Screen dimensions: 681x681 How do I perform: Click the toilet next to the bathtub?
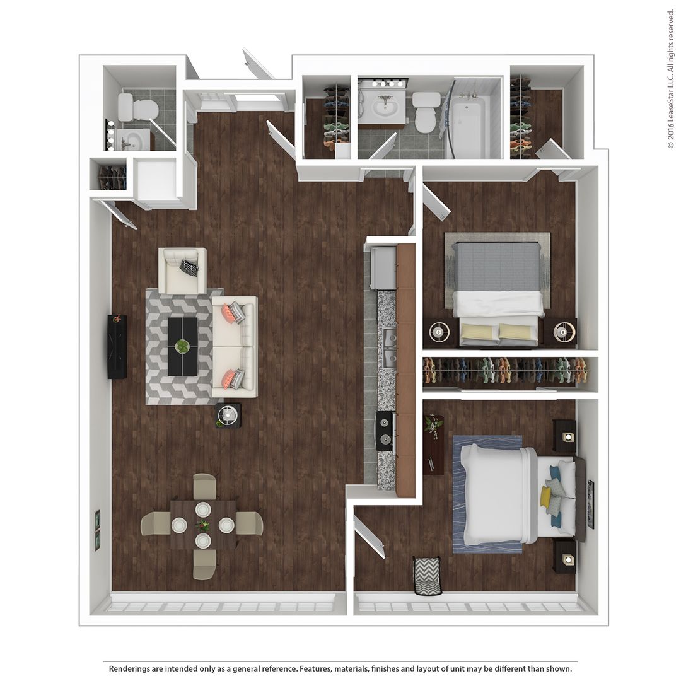[427, 112]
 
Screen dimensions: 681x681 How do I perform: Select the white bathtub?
[467, 126]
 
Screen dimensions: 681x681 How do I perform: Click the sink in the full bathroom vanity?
[382, 107]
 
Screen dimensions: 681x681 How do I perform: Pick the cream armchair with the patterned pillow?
[182, 271]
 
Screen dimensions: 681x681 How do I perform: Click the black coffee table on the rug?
[182, 346]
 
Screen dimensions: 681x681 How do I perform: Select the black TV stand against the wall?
[117, 346]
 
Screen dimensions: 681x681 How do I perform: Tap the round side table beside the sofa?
[228, 415]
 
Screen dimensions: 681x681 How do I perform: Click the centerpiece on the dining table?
[202, 525]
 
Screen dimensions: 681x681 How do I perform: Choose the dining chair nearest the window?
[204, 563]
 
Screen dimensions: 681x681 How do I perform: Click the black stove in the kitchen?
[385, 431]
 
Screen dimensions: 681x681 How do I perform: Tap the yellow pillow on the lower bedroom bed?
[545, 496]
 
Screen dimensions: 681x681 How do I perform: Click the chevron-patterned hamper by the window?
[427, 576]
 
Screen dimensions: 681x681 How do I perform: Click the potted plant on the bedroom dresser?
[433, 426]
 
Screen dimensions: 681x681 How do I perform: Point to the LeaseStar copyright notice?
[670, 79]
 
